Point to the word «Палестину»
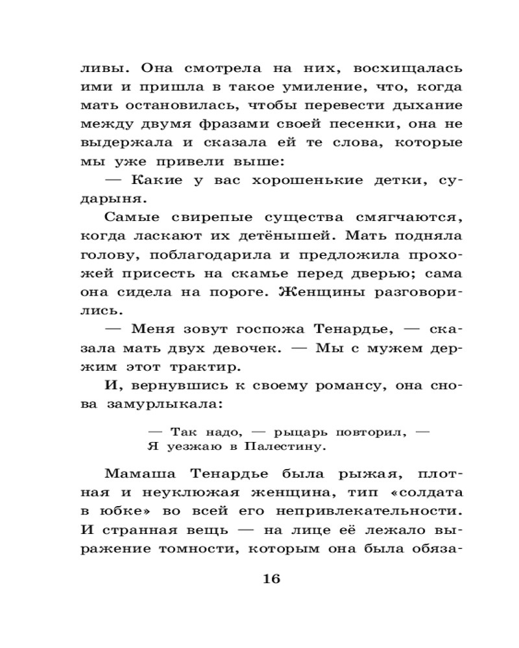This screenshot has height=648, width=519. tap(284, 446)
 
